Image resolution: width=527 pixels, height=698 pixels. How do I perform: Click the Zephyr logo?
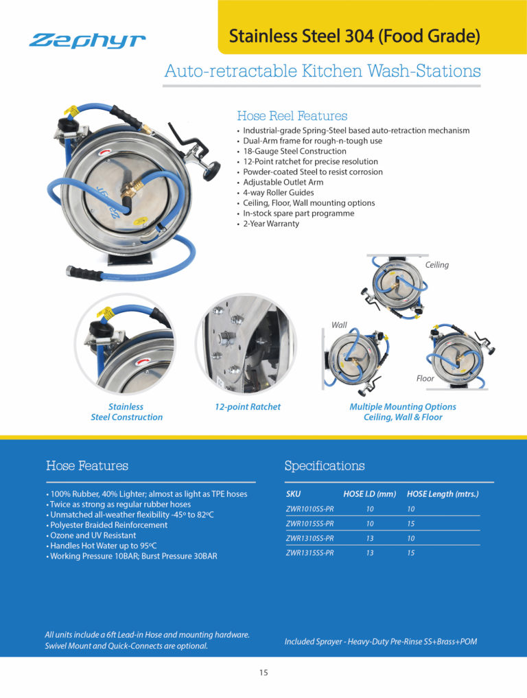[87, 40]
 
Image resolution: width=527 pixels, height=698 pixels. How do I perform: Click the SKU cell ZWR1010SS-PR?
[309, 509]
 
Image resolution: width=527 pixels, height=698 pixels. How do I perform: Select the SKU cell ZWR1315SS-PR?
[309, 552]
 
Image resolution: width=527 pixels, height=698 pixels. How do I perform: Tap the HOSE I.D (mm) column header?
[370, 494]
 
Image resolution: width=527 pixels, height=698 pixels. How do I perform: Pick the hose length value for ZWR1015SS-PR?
[410, 524]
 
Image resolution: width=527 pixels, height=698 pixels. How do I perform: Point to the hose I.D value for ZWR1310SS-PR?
[369, 538]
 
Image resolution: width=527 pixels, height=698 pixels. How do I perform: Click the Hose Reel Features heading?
[292, 116]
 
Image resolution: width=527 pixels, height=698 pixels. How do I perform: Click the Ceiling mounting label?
[437, 265]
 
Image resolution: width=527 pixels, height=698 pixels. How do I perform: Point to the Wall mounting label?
[339, 325]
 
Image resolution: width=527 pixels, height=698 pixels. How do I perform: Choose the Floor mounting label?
[425, 378]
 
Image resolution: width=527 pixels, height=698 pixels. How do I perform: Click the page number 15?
[263, 673]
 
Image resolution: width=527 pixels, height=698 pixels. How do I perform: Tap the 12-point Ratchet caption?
[247, 407]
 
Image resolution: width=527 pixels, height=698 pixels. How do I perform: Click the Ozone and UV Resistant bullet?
[91, 535]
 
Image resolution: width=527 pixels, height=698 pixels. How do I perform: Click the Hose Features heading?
[86, 466]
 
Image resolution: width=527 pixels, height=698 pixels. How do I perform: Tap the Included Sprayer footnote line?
[380, 642]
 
